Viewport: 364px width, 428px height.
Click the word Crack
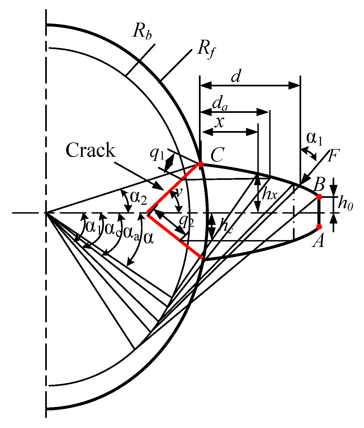pyautogui.click(x=91, y=150)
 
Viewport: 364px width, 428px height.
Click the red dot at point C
pyautogui.click(x=201, y=164)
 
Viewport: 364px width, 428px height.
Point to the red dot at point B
pyautogui.click(x=319, y=197)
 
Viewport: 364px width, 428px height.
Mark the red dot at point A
pyautogui.click(x=319, y=227)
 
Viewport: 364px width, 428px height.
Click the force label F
pyautogui.click(x=334, y=156)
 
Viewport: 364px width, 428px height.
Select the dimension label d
pyautogui.click(x=236, y=76)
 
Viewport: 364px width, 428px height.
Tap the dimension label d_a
pyautogui.click(x=220, y=104)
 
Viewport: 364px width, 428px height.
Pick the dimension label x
pyautogui.click(x=219, y=122)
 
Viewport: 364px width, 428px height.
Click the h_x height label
pyautogui.click(x=269, y=195)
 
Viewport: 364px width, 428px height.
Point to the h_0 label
pyautogui.click(x=345, y=204)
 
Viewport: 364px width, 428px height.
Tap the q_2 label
pyautogui.click(x=187, y=221)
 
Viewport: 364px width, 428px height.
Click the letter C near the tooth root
pyautogui.click(x=217, y=155)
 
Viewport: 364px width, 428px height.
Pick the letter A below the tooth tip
pyautogui.click(x=319, y=242)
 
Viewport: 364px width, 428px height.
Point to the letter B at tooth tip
pyautogui.click(x=319, y=185)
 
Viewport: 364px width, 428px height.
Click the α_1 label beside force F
pyautogui.click(x=314, y=139)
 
